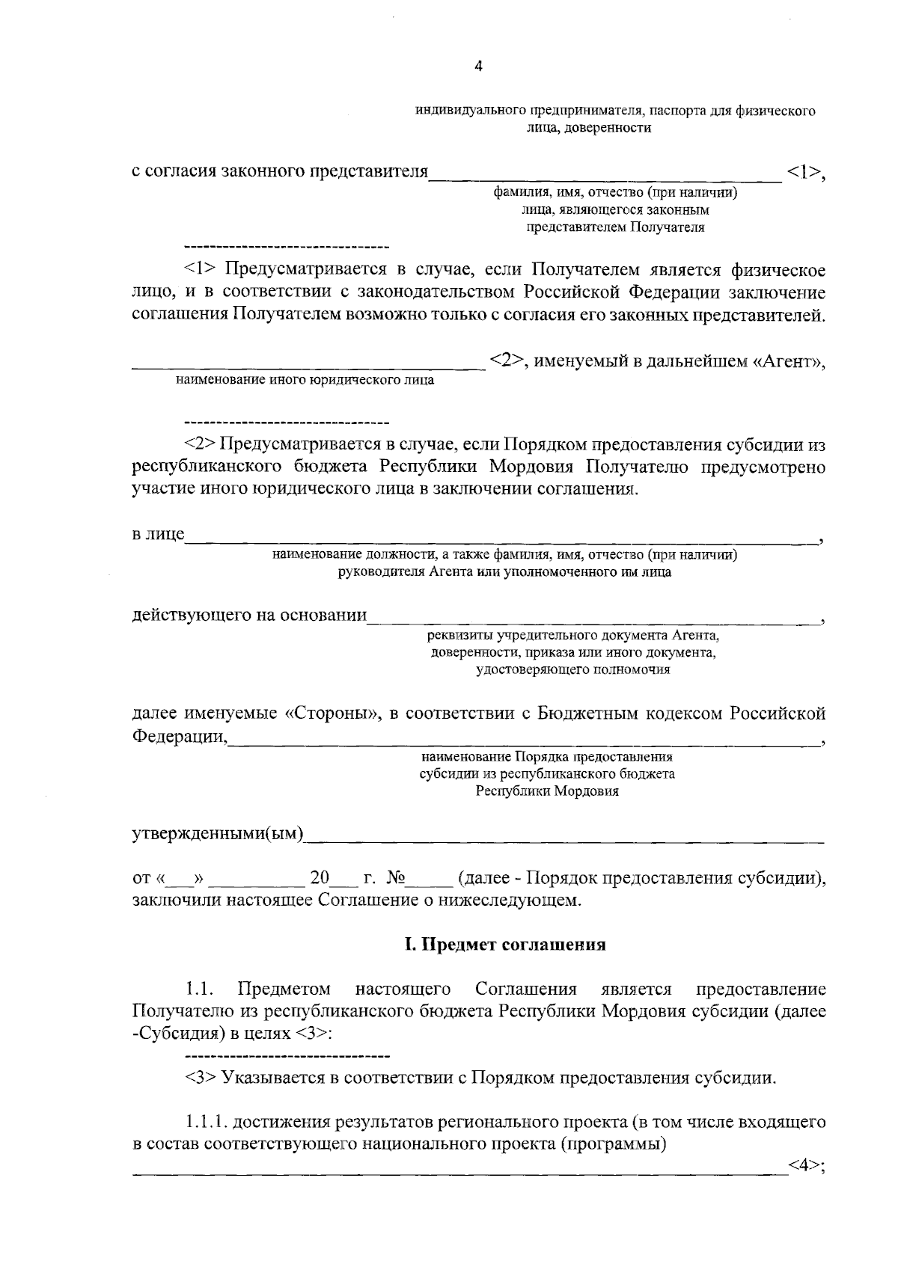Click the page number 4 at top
(x=479, y=67)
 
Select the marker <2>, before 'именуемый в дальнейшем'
(x=506, y=362)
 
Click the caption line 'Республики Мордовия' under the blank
(x=547, y=791)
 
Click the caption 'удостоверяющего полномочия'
(x=572, y=670)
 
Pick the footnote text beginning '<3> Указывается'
(x=479, y=1079)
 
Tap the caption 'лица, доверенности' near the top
(x=593, y=128)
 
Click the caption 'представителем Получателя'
(x=615, y=227)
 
